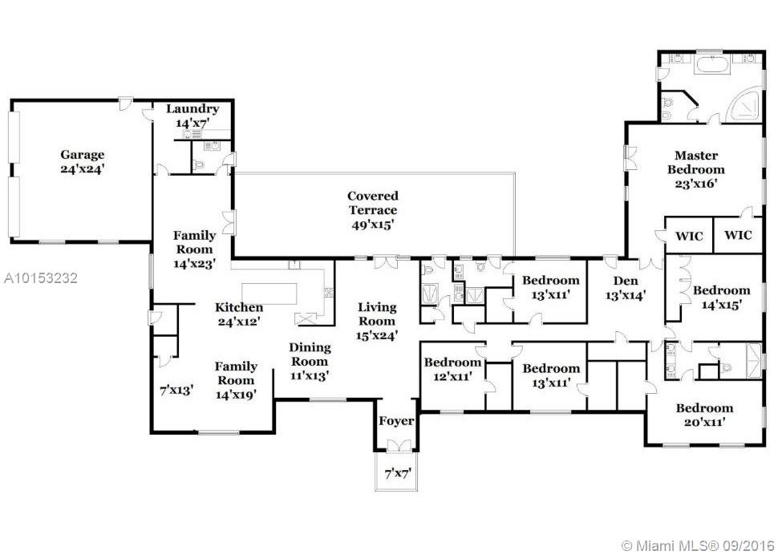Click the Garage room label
(83, 161)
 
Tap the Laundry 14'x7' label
(192, 115)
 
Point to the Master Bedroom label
(696, 169)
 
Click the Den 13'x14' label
(626, 288)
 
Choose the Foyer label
(396, 421)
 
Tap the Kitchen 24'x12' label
(239, 314)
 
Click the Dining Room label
(310, 361)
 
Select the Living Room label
(377, 321)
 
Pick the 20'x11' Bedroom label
(704, 415)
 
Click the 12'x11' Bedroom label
(452, 369)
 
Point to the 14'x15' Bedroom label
(722, 298)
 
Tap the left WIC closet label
(689, 235)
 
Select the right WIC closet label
(738, 234)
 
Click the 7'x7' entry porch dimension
(396, 473)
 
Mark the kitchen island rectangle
(269, 294)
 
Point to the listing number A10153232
(41, 277)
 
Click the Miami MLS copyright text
(699, 545)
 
